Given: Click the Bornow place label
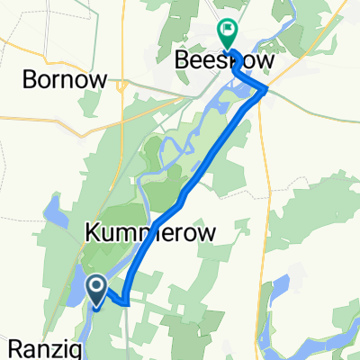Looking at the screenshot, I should [x=66, y=79].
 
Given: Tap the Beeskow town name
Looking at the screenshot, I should [x=223, y=60].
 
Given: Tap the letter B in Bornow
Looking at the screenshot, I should [x=30, y=79].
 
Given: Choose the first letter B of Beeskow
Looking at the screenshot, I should [x=180, y=60].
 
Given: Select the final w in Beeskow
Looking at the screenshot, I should [x=265, y=60].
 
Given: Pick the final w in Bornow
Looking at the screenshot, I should [x=99, y=79].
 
